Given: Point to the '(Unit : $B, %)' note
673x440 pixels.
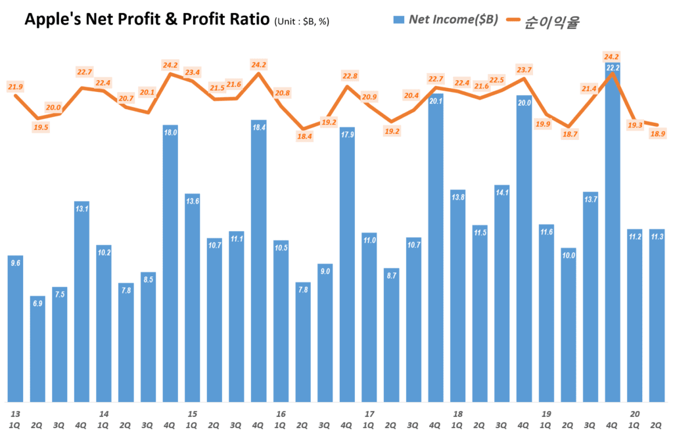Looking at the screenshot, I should (x=302, y=22).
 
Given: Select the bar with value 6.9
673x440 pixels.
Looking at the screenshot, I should (x=37, y=348).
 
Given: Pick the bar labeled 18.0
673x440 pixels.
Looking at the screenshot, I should (x=171, y=263).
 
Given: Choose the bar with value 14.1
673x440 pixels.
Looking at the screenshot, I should (x=502, y=293).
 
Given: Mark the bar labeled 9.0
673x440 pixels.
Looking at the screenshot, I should (x=325, y=332).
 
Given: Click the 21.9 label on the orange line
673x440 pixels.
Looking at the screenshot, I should (x=15, y=87).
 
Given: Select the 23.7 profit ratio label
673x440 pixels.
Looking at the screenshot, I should (x=524, y=70).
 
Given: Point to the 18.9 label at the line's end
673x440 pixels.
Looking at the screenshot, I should (x=657, y=134).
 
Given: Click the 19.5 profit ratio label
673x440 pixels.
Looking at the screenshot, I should (x=41, y=127).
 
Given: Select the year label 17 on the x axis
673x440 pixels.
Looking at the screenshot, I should (x=369, y=414).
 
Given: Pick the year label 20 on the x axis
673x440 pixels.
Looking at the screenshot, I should (x=635, y=414).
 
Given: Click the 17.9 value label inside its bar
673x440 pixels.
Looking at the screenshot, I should (x=348, y=135).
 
